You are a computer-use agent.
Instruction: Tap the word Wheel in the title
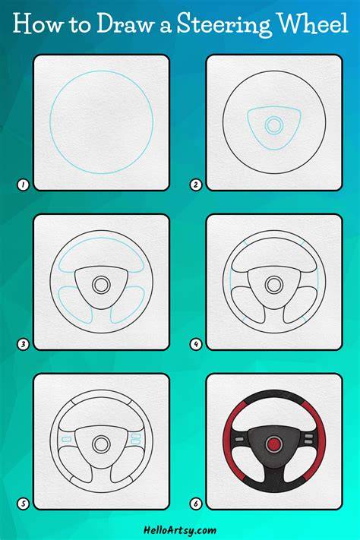[313, 23]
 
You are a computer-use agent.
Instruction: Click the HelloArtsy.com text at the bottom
[180, 530]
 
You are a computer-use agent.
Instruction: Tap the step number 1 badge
[23, 185]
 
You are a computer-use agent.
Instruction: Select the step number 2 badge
[196, 185]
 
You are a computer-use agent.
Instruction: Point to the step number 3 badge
[23, 344]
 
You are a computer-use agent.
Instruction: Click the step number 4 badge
[196, 344]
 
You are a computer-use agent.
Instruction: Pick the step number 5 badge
[23, 504]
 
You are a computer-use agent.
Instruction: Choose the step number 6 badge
[196, 504]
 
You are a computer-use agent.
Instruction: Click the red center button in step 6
[274, 444]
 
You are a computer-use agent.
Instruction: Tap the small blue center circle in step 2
[274, 125]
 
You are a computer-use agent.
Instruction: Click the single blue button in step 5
[66, 439]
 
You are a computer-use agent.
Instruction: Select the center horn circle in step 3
[101, 285]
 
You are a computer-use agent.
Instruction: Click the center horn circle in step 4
[274, 285]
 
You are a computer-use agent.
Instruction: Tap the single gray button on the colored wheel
[238, 439]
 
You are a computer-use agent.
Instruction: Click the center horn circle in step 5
[101, 444]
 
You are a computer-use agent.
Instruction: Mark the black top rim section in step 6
[274, 396]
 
